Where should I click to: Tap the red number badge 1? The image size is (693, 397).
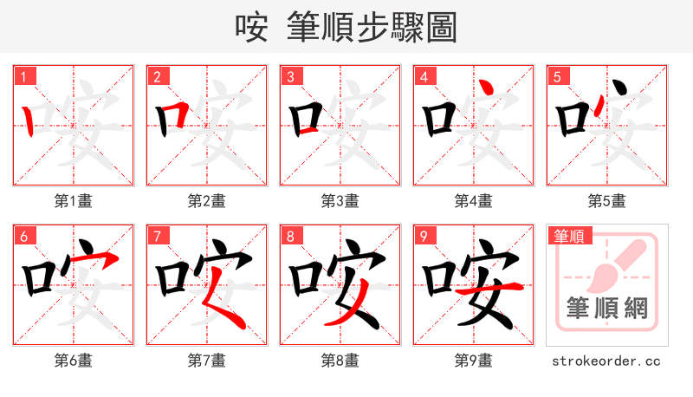tap(23, 76)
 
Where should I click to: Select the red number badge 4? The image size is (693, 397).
tap(424, 76)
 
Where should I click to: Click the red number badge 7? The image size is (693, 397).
tap(157, 236)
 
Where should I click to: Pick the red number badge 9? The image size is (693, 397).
tap(424, 236)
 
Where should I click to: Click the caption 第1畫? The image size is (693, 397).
tap(74, 200)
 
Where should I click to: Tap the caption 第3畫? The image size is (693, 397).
tap(340, 200)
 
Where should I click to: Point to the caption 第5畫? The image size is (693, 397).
tap(607, 200)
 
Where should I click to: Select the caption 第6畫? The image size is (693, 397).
tap(74, 360)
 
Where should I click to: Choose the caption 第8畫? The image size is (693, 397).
tap(340, 360)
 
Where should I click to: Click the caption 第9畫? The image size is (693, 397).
tap(474, 360)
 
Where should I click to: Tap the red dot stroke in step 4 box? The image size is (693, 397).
tap(489, 88)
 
